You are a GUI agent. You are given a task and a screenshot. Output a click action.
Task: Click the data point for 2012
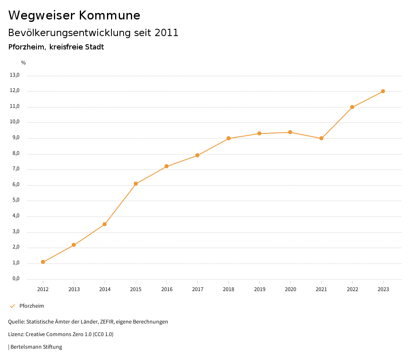tap(43, 262)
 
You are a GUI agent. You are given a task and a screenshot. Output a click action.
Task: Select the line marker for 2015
tap(136, 184)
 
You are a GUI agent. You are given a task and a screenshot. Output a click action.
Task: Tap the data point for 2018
tap(229, 138)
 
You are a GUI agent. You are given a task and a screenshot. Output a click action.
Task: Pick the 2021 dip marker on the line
tap(321, 138)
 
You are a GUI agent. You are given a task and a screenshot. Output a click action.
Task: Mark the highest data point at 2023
tap(383, 91)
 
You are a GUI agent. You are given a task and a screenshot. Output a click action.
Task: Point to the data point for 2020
tap(290, 132)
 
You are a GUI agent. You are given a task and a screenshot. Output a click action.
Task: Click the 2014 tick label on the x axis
tap(105, 289)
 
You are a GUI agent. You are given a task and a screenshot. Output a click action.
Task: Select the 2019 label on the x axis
tap(259, 289)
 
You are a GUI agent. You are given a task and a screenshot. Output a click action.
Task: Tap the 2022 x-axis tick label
tap(352, 289)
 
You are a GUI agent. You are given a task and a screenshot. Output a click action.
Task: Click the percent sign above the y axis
tap(24, 63)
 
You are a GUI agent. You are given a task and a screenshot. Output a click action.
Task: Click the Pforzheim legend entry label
tap(32, 306)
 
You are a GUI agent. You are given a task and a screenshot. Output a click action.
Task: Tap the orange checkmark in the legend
tap(12, 306)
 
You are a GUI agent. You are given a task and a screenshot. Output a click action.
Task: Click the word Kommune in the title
tap(109, 15)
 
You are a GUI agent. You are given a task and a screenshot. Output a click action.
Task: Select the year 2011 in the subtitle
tap(166, 33)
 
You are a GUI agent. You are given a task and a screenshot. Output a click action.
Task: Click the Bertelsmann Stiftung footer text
tap(36, 347)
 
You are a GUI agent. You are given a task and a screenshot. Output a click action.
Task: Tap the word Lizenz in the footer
tap(16, 334)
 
